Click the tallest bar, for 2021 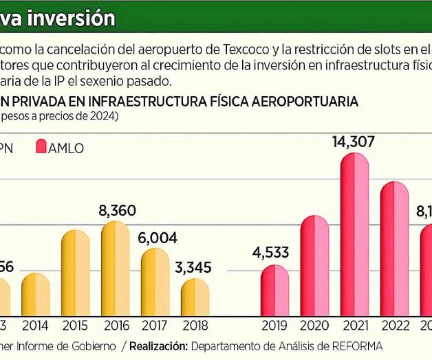355,235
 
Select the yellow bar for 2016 116,269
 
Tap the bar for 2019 275,291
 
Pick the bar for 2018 195,297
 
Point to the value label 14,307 354,142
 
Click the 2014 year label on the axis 35,326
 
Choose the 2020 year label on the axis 314,326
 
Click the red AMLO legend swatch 41,147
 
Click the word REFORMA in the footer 357,346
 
